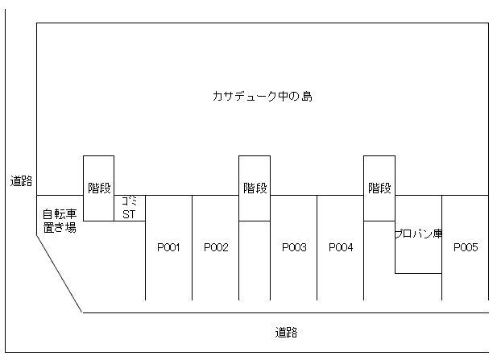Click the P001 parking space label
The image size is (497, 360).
[168, 247]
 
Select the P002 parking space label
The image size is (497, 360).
[216, 247]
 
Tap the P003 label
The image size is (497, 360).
[294, 247]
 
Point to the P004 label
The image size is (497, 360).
[341, 247]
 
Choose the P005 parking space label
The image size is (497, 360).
[466, 247]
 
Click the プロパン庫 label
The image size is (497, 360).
[418, 234]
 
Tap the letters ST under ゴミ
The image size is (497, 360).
[129, 214]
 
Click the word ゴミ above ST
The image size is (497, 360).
[130, 201]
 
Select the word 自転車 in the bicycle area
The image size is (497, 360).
[60, 214]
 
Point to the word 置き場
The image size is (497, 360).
[60, 228]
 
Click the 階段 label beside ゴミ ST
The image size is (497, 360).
[99, 188]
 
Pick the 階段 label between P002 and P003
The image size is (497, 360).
[255, 188]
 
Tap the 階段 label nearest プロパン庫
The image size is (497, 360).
[379, 188]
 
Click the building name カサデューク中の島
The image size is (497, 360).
[263, 96]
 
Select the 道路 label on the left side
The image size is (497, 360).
[21, 181]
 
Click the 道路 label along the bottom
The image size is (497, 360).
[286, 333]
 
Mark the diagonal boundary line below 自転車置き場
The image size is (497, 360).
[60, 274]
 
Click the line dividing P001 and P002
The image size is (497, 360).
[192, 248]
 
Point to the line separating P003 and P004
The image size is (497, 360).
[317, 248]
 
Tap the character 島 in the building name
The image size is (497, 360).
[307, 96]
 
